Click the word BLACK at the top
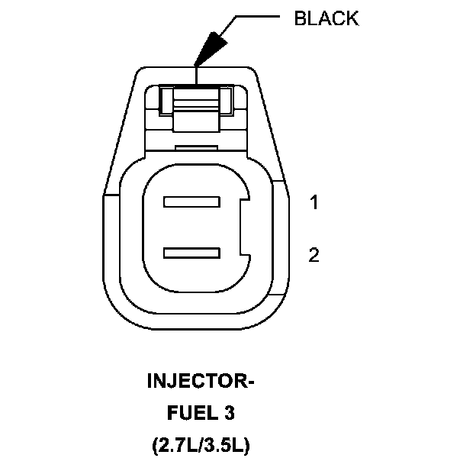point(326,19)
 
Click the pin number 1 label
point(314,202)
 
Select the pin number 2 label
point(314,255)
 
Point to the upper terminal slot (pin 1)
point(191,202)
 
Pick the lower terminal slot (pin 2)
point(191,252)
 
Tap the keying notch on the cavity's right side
point(244,227)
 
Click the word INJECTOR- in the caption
point(200,380)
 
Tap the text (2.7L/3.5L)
point(200,445)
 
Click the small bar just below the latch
point(196,145)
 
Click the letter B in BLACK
point(300,19)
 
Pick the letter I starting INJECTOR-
point(150,380)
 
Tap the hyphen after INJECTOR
point(249,381)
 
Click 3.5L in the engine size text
point(227,445)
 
